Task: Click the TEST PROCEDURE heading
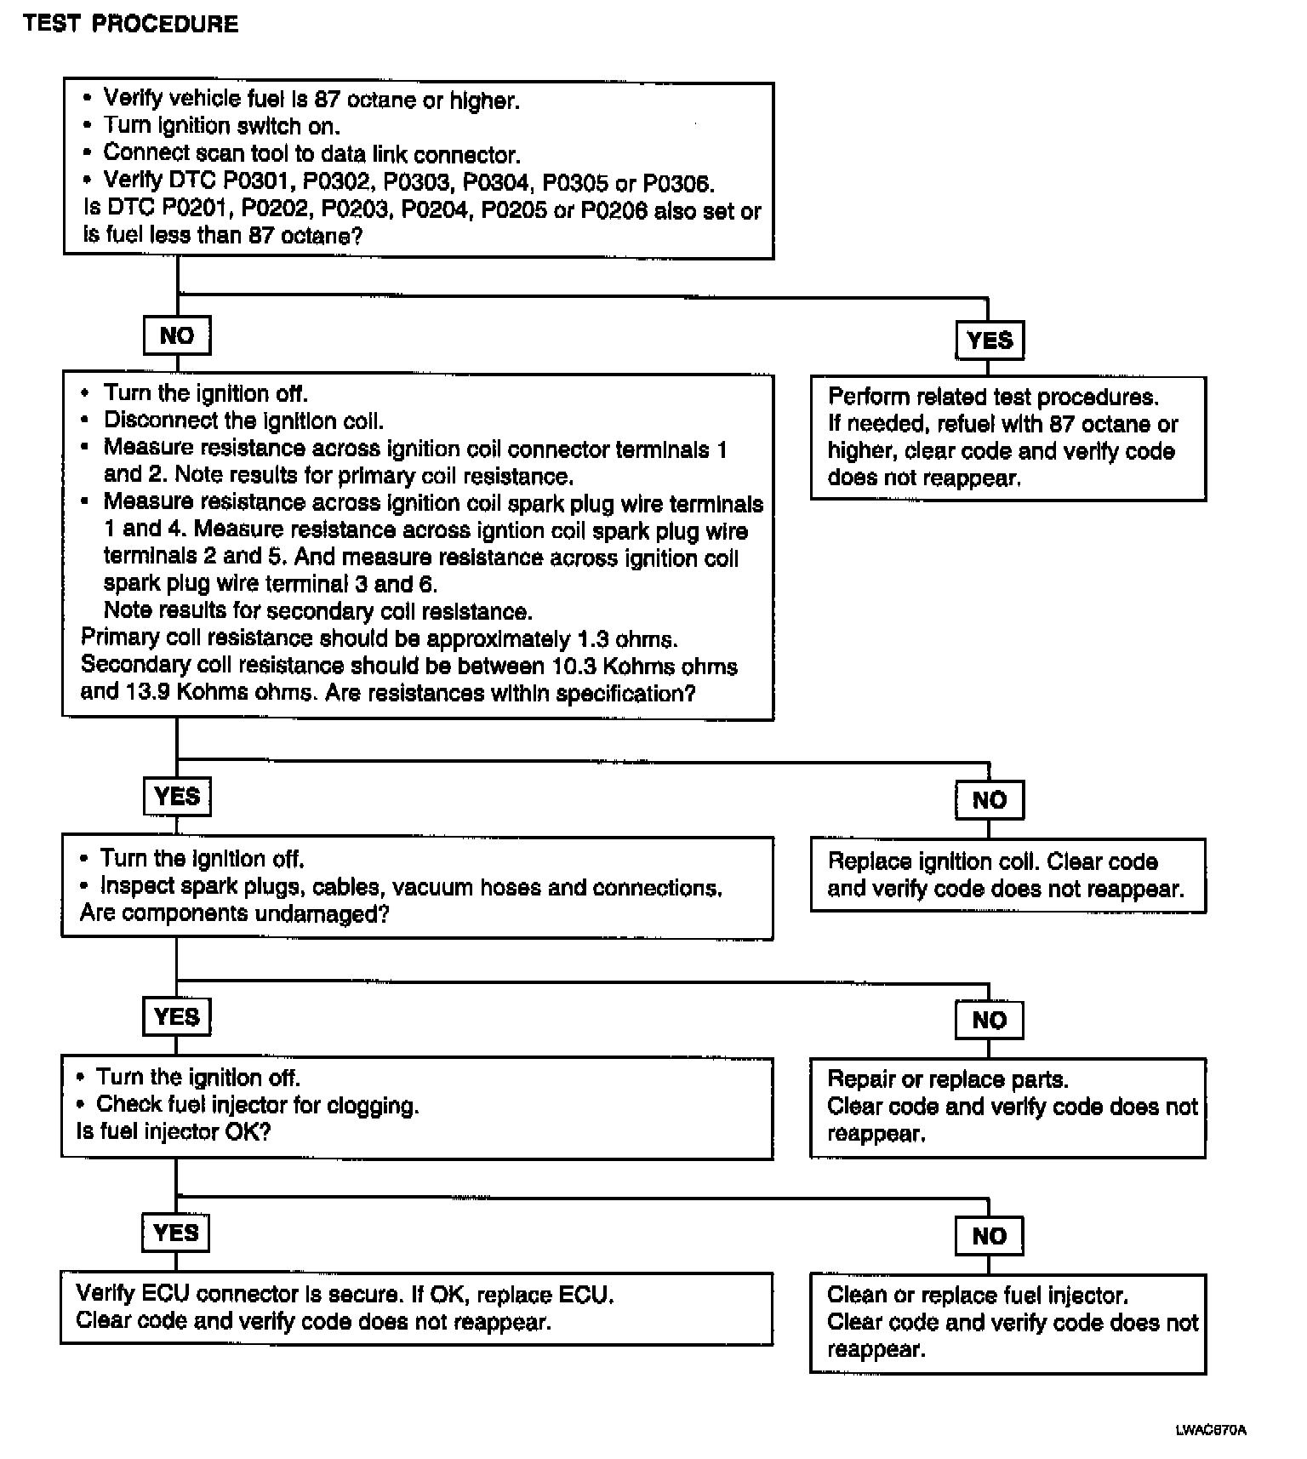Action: click(x=131, y=23)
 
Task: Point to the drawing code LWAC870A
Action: click(x=1211, y=1430)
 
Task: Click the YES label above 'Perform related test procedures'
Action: click(x=990, y=340)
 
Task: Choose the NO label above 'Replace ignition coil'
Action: click(x=989, y=800)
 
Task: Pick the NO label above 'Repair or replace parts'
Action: click(x=989, y=1020)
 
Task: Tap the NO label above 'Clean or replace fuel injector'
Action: click(x=989, y=1236)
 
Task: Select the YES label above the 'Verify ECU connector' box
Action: click(x=176, y=1233)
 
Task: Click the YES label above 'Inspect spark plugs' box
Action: click(x=177, y=797)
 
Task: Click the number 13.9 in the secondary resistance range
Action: click(x=147, y=692)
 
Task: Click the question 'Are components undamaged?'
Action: click(x=234, y=914)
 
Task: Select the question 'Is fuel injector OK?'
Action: click(x=173, y=1131)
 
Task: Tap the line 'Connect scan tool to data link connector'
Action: click(x=311, y=154)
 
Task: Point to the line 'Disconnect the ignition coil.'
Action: click(x=243, y=421)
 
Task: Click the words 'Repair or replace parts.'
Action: click(x=947, y=1079)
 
